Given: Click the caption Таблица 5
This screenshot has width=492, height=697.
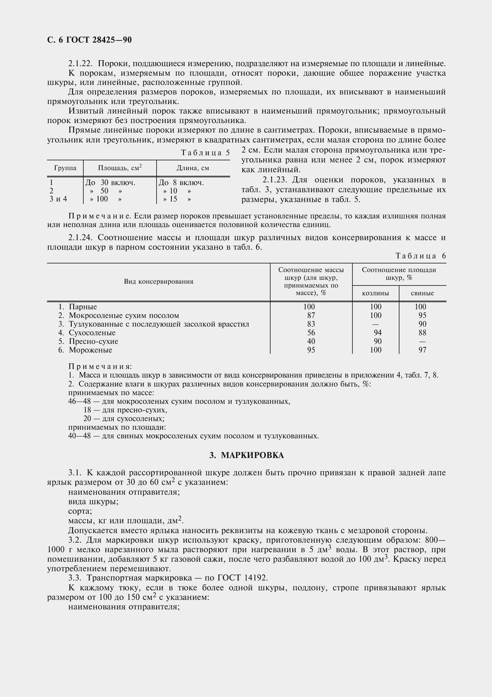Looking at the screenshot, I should click(x=205, y=153).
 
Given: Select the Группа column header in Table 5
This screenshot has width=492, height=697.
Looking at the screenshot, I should click(x=65, y=168).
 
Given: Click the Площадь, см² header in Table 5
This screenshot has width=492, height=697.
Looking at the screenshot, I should click(x=120, y=168).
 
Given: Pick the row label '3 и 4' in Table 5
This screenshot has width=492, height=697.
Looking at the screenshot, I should click(x=58, y=199).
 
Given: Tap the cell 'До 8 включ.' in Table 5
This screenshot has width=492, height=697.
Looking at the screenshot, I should click(x=181, y=183).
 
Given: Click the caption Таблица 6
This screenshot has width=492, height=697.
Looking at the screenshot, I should click(x=421, y=256).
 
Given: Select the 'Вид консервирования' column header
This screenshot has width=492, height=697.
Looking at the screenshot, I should click(x=159, y=282).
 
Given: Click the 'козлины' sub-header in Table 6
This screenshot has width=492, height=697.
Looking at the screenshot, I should click(x=376, y=293).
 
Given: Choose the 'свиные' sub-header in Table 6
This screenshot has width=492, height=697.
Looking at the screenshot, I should click(x=422, y=293).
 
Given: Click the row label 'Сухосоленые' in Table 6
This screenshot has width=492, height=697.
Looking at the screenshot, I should click(x=92, y=333).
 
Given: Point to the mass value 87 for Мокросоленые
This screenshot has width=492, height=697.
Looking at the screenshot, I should click(x=311, y=315).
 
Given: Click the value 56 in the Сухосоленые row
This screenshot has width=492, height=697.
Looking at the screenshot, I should click(x=311, y=333).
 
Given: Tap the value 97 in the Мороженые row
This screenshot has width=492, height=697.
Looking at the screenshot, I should click(x=422, y=350).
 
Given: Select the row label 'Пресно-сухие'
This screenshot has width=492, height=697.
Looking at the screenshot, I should click(x=93, y=341).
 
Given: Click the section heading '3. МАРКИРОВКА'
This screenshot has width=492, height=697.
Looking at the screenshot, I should click(x=246, y=455).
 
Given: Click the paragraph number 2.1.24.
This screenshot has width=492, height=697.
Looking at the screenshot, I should click(x=80, y=238).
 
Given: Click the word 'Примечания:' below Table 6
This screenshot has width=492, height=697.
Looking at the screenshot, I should click(x=100, y=367).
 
